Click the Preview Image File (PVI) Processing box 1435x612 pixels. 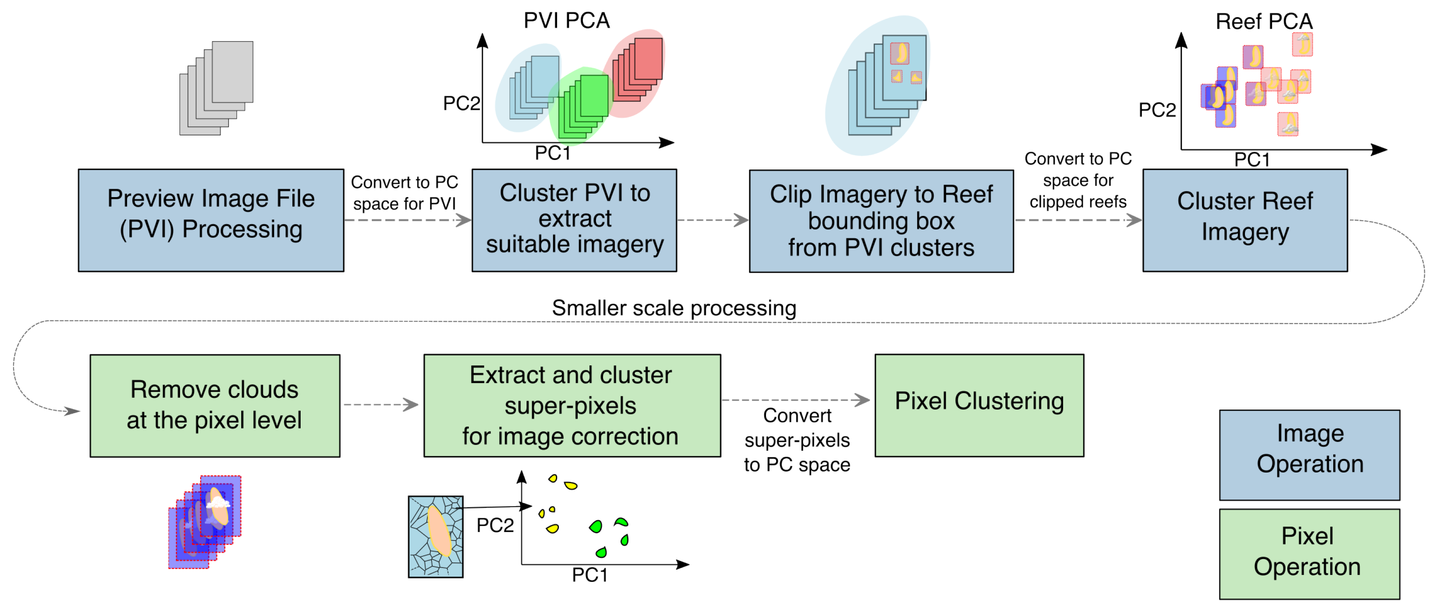(x=211, y=220)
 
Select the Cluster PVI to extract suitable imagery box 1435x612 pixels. (x=574, y=220)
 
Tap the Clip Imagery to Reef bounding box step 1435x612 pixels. (x=881, y=221)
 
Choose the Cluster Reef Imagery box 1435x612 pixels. (x=1244, y=220)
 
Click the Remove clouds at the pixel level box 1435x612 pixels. (x=215, y=405)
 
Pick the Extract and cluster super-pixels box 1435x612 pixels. (x=572, y=405)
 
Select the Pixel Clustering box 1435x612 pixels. (x=979, y=405)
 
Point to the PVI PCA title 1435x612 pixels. (x=567, y=21)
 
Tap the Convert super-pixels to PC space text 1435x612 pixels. (x=797, y=440)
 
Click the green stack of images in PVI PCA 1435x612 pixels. (x=585, y=106)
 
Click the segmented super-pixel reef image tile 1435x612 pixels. (x=436, y=536)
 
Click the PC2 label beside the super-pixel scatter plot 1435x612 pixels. (x=495, y=525)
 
